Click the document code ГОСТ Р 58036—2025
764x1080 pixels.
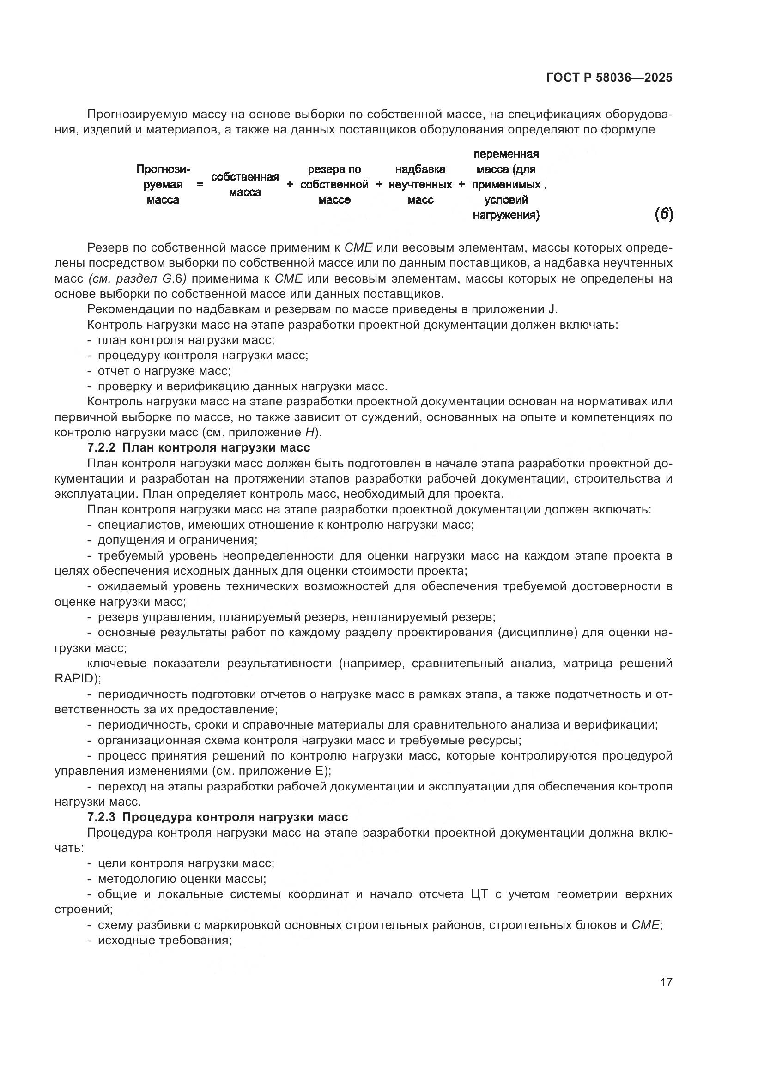point(609,78)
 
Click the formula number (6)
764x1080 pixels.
point(663,215)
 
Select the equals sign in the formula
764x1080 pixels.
point(200,185)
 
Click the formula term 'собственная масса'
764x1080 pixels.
point(245,185)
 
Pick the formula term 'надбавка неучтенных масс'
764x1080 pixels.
point(420,185)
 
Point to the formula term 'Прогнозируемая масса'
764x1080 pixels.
point(163,185)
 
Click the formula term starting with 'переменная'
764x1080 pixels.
point(506,185)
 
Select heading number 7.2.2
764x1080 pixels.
point(101,447)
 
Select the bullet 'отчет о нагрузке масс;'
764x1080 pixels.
point(164,371)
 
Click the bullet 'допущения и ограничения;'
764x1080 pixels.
point(177,540)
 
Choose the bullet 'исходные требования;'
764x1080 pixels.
point(164,941)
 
